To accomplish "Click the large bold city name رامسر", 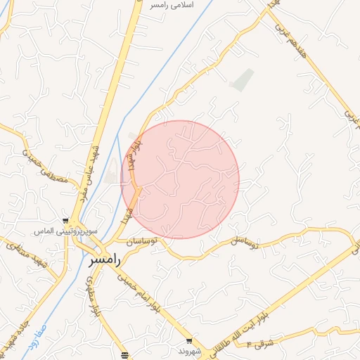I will [105, 259].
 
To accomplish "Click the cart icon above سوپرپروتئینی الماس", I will [65, 220].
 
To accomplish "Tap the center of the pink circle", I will [181, 179].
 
